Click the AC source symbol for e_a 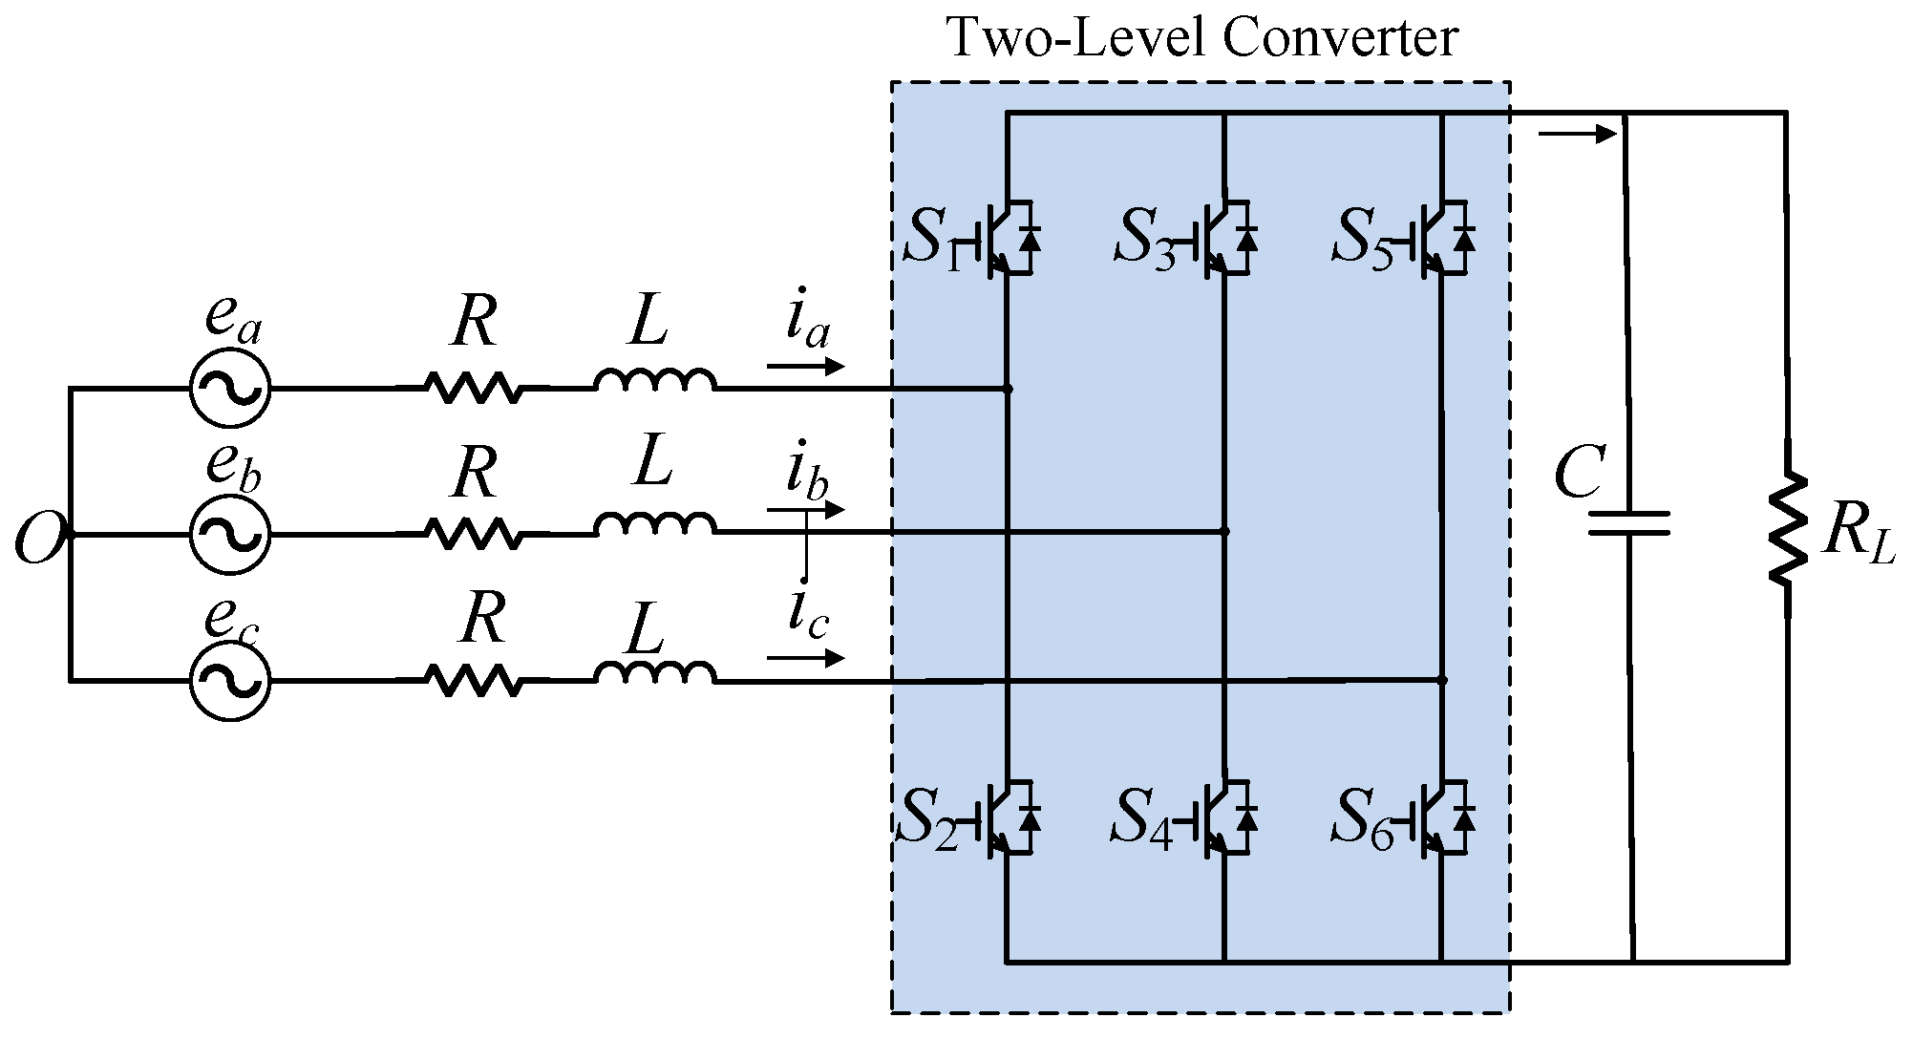[230, 388]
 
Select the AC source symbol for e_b [230, 535]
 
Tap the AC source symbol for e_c [230, 680]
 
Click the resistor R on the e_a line [474, 388]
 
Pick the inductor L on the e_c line [655, 673]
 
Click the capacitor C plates [1629, 523]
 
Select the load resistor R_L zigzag [1787, 528]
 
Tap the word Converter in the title [1341, 39]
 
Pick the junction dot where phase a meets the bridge [1009, 389]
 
